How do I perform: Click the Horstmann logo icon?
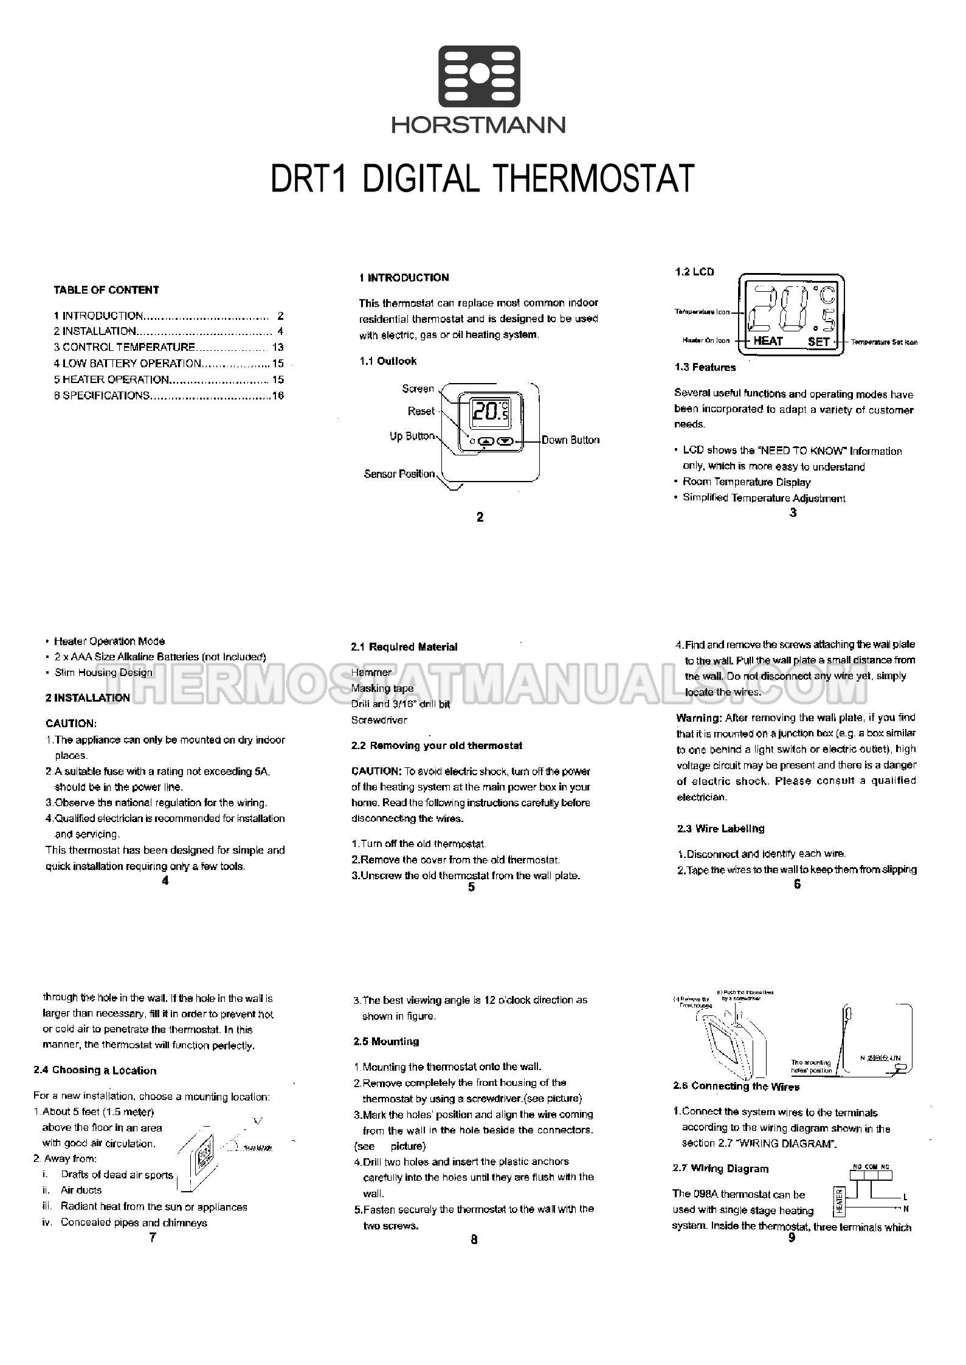[480, 75]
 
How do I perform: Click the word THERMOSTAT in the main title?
[594, 178]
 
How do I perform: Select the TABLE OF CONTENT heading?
[106, 290]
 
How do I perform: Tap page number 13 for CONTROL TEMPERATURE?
[278, 347]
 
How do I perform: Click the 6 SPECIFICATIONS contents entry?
[102, 395]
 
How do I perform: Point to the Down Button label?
[570, 440]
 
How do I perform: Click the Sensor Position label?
[399, 474]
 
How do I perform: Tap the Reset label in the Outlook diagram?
[421, 411]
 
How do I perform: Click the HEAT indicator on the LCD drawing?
[768, 341]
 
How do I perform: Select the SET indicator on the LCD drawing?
[818, 341]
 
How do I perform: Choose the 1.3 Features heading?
[705, 367]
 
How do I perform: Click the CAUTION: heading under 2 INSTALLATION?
[71, 724]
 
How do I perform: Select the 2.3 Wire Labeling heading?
[720, 828]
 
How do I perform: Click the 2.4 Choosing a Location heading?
[95, 1070]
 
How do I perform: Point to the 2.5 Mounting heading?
[386, 1042]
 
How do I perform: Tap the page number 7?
[153, 1238]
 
